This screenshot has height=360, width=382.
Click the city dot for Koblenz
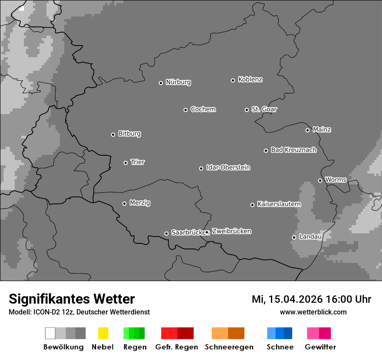tap(233, 80)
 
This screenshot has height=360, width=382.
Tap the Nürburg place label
tap(178, 82)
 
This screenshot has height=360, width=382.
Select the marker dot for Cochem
tap(185, 110)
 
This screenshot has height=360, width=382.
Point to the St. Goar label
tap(264, 109)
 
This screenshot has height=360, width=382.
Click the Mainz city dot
tap(307, 130)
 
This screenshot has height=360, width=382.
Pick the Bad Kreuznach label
tap(293, 150)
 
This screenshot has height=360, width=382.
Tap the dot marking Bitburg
tap(113, 134)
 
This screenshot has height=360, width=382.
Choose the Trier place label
tap(138, 162)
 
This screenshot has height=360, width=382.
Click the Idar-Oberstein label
tap(228, 168)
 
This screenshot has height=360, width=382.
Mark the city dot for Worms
tap(320, 180)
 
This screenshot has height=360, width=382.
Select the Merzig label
tap(140, 203)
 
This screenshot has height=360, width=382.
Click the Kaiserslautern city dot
tap(252, 205)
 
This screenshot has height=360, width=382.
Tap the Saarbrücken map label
tap(188, 232)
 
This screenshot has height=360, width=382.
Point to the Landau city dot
tap(294, 237)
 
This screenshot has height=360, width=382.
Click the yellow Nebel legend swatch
tap(103, 333)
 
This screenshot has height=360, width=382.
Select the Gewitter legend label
tap(320, 347)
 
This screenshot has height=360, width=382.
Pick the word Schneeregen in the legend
tap(229, 347)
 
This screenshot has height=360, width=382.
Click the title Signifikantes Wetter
tap(72, 299)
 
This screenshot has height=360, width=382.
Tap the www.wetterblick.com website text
tap(313, 312)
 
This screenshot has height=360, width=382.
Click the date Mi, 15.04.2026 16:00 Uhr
tap(311, 299)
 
